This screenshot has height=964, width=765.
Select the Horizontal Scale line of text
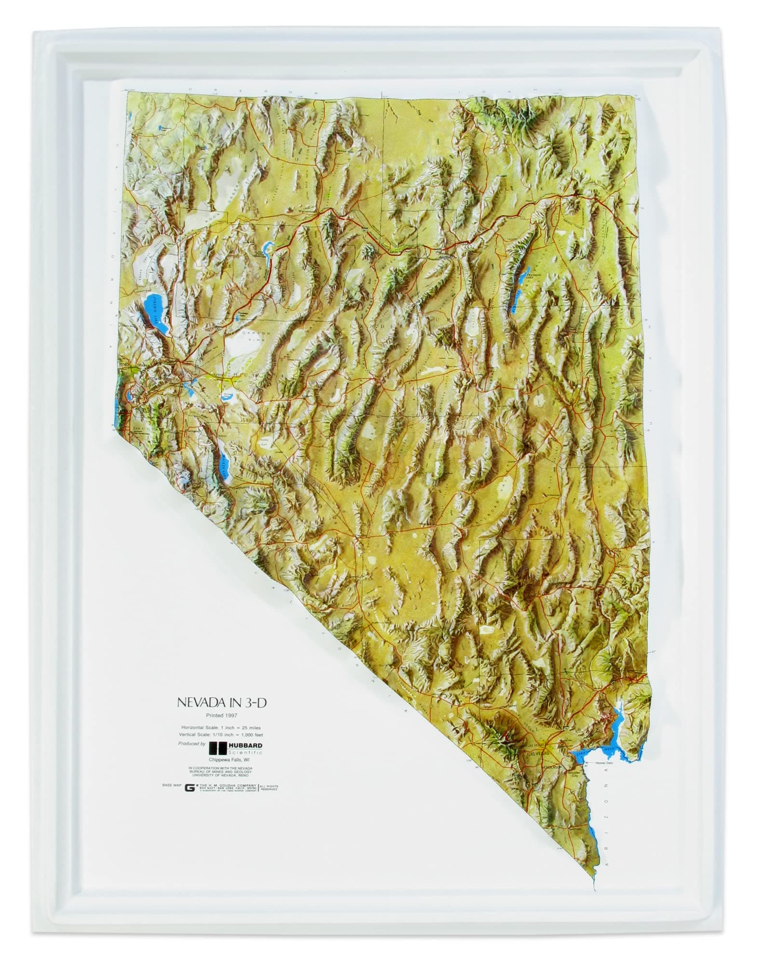click(221, 727)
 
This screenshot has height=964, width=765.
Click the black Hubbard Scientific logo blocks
click(217, 748)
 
